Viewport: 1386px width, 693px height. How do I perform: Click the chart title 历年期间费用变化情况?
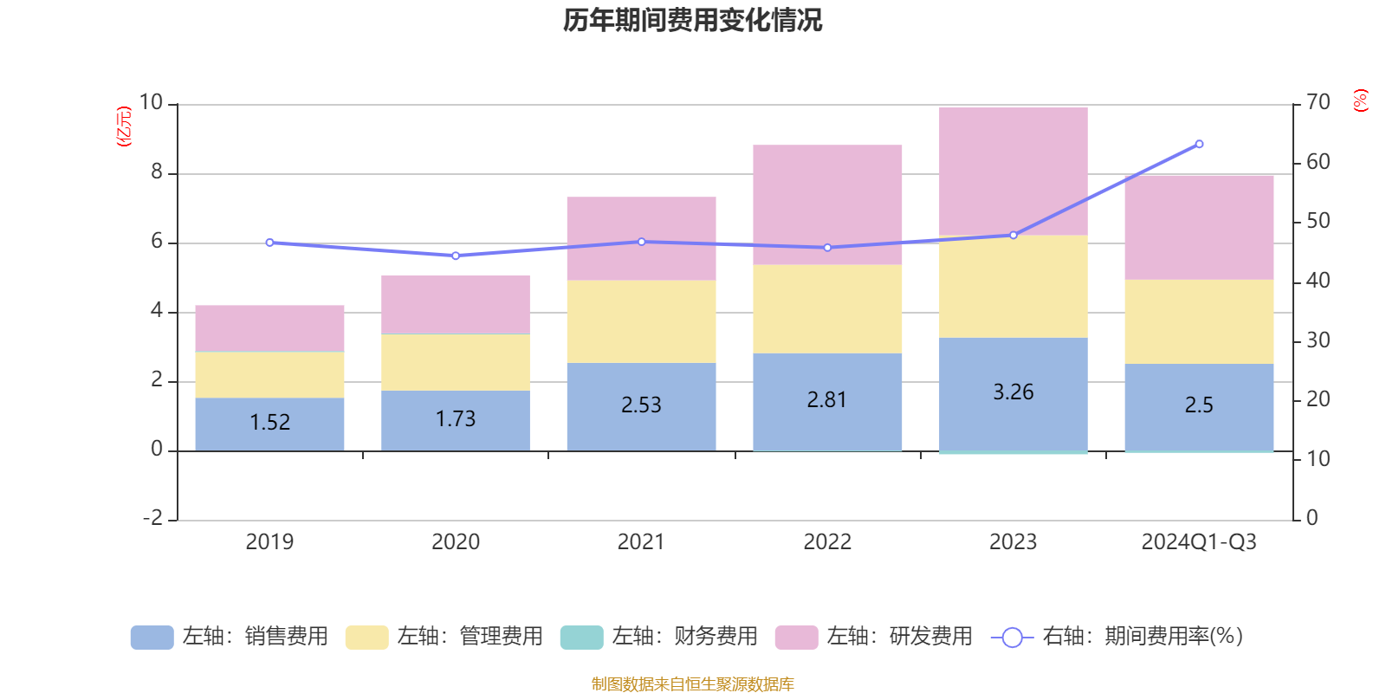point(692,20)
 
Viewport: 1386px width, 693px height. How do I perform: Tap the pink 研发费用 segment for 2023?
point(1013,171)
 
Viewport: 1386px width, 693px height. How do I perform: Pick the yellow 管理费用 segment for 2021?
point(641,321)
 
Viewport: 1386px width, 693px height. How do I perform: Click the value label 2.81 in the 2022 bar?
point(826,399)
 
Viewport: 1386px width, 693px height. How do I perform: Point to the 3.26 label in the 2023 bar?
point(1013,392)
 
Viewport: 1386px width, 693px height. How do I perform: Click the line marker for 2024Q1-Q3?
point(1199,144)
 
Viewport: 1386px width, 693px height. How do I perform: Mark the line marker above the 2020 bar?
point(456,256)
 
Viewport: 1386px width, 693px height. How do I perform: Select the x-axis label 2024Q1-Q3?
point(1199,541)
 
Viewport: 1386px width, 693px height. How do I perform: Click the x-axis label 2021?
point(641,541)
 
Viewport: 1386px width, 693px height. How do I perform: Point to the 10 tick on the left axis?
point(152,102)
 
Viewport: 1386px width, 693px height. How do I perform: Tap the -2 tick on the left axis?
point(152,518)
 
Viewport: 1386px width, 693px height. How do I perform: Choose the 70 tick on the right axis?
point(1318,102)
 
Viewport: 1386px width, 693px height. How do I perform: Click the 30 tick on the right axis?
point(1318,340)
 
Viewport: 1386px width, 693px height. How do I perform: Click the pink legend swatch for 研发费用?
point(796,637)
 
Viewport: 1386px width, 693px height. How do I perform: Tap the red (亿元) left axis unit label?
point(124,126)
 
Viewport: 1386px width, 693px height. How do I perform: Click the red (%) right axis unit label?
point(1361,100)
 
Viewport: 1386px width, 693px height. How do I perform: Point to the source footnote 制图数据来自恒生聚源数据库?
point(692,684)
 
